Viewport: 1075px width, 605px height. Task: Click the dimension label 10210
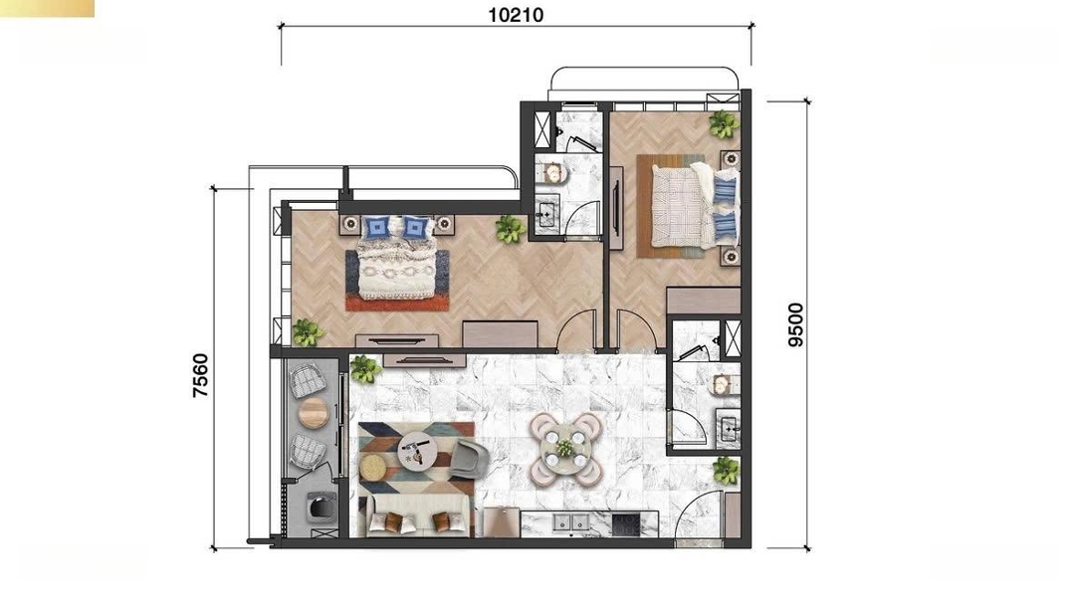(x=516, y=14)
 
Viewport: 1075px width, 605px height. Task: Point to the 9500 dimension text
(x=795, y=324)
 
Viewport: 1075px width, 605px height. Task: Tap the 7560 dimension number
(x=200, y=375)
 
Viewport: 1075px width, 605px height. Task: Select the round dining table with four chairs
(x=565, y=449)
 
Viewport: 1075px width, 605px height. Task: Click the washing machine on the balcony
(x=319, y=507)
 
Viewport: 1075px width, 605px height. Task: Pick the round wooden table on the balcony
(x=314, y=413)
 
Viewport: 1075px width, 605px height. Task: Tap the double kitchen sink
(x=571, y=523)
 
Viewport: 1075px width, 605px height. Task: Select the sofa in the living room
(x=417, y=516)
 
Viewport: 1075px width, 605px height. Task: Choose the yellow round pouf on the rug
(x=372, y=468)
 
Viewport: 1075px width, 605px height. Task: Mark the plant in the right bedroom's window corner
(x=724, y=124)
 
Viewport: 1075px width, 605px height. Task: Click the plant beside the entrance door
(x=725, y=470)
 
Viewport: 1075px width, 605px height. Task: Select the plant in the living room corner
(x=364, y=368)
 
